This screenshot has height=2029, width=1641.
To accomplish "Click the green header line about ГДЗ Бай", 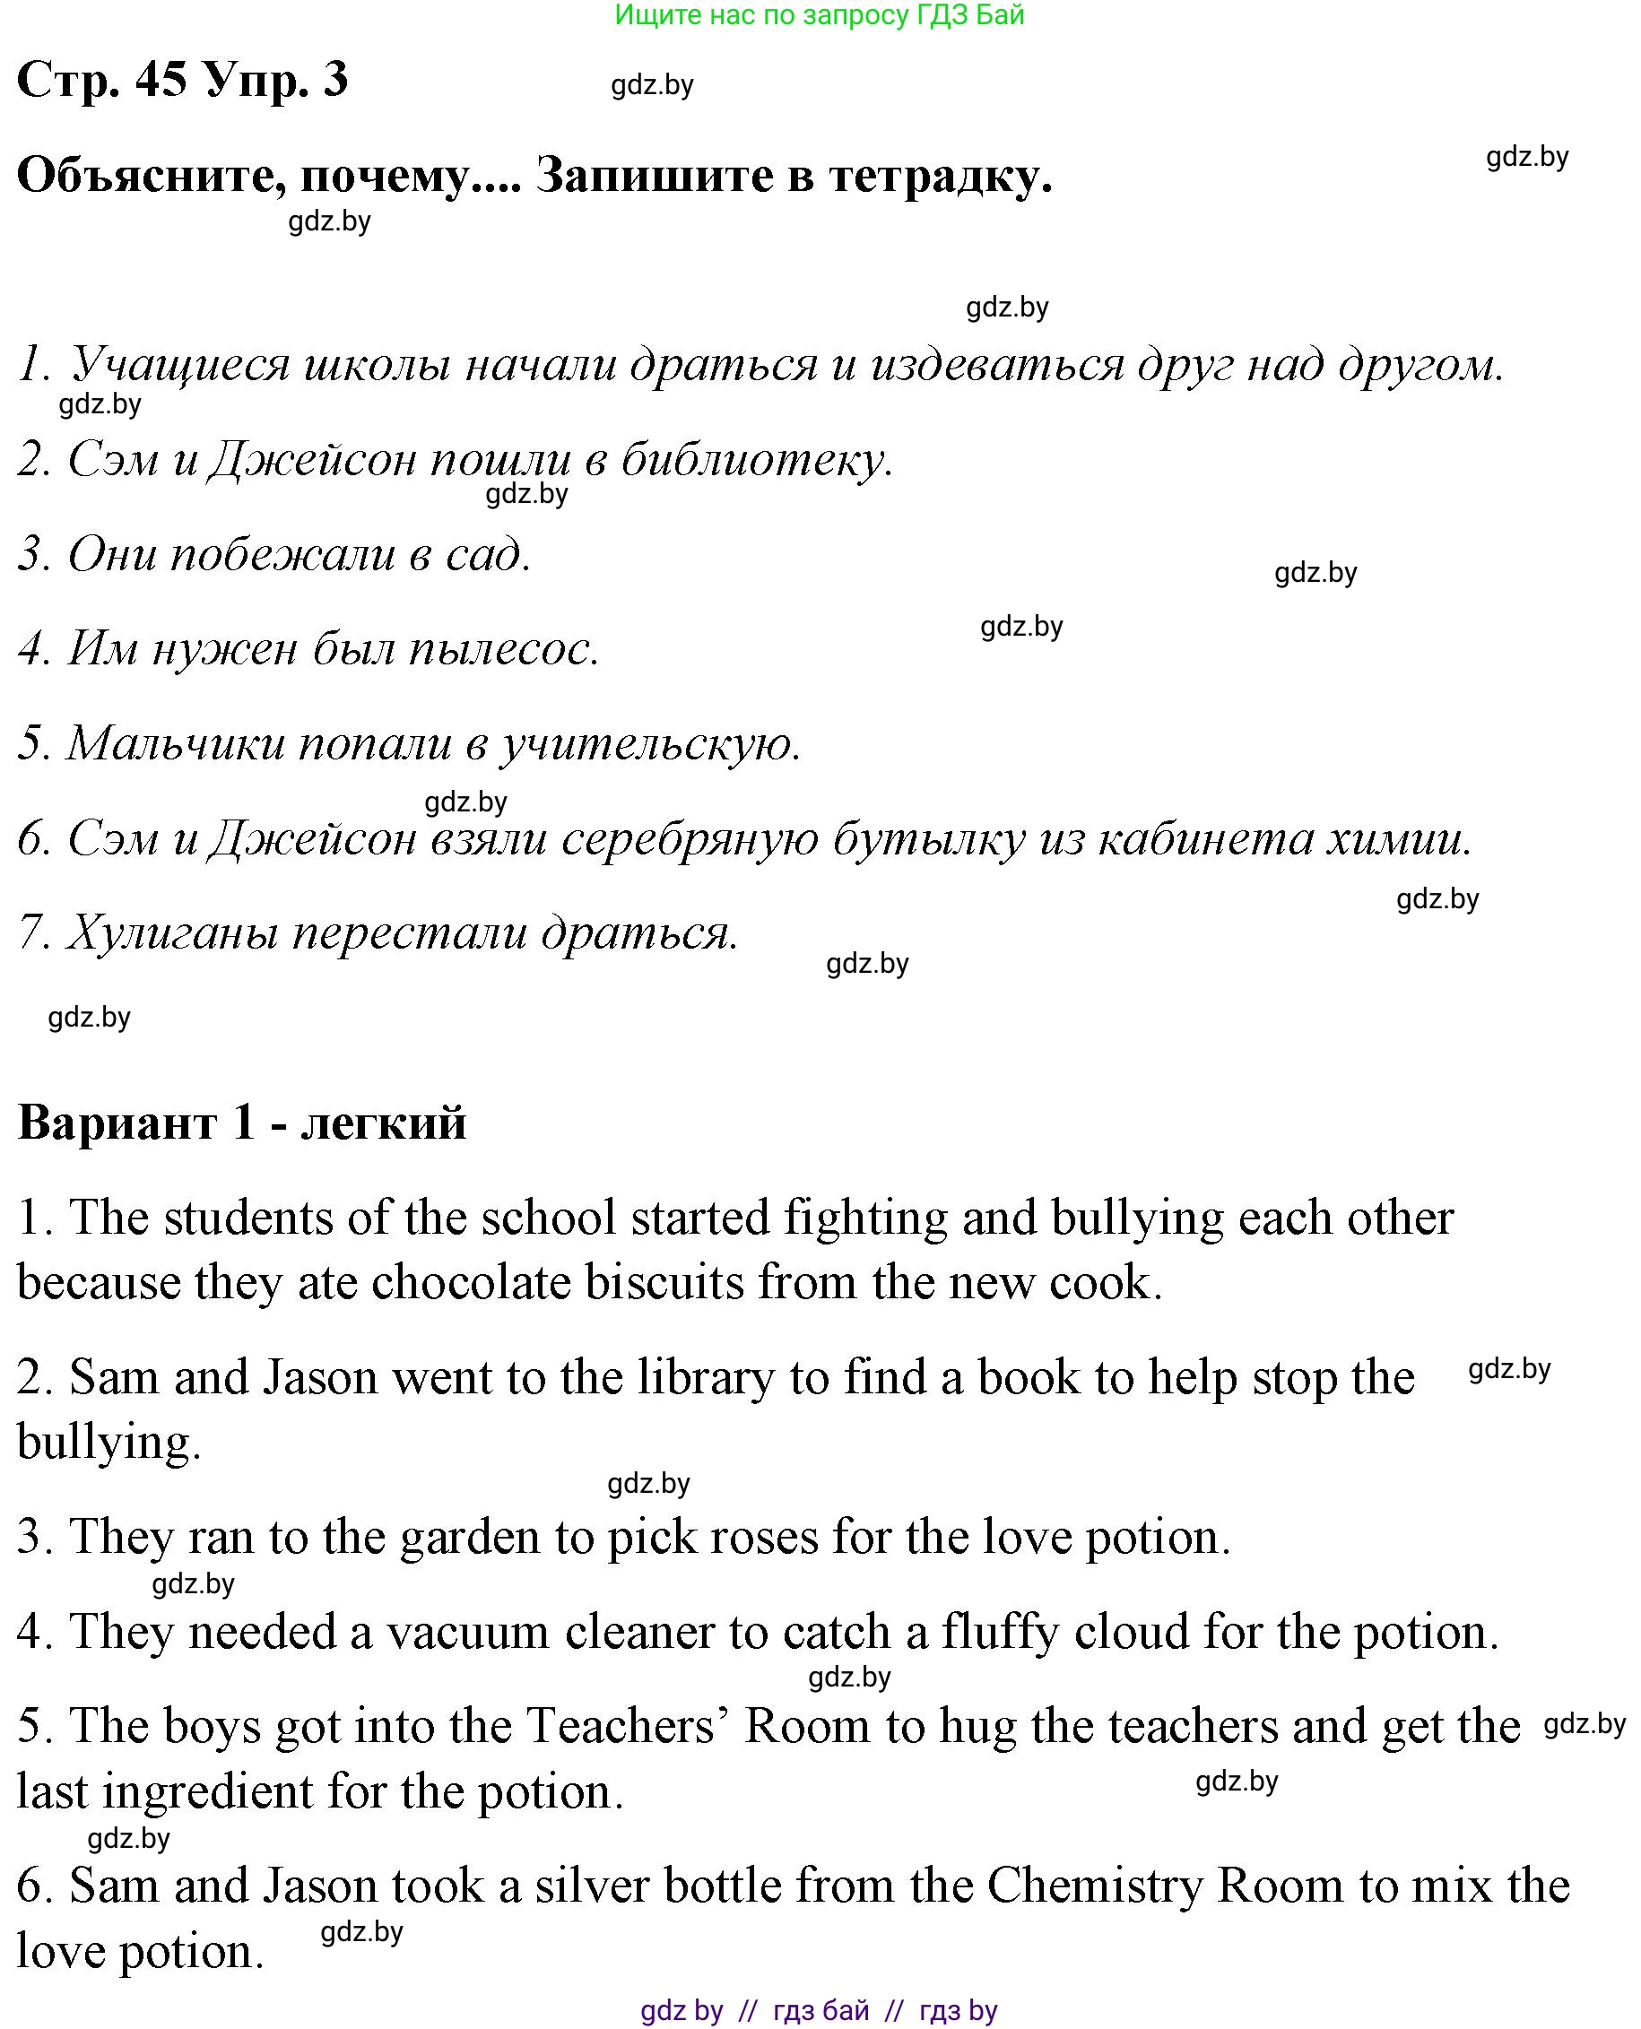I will pos(819,15).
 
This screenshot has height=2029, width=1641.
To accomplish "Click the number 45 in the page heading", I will pos(161,80).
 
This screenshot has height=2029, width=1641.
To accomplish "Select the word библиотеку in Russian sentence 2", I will pos(754,460).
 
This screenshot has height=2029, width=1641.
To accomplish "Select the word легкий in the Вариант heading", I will pos(383,1123).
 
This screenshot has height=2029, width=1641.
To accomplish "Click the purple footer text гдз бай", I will pos(820,2010).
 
